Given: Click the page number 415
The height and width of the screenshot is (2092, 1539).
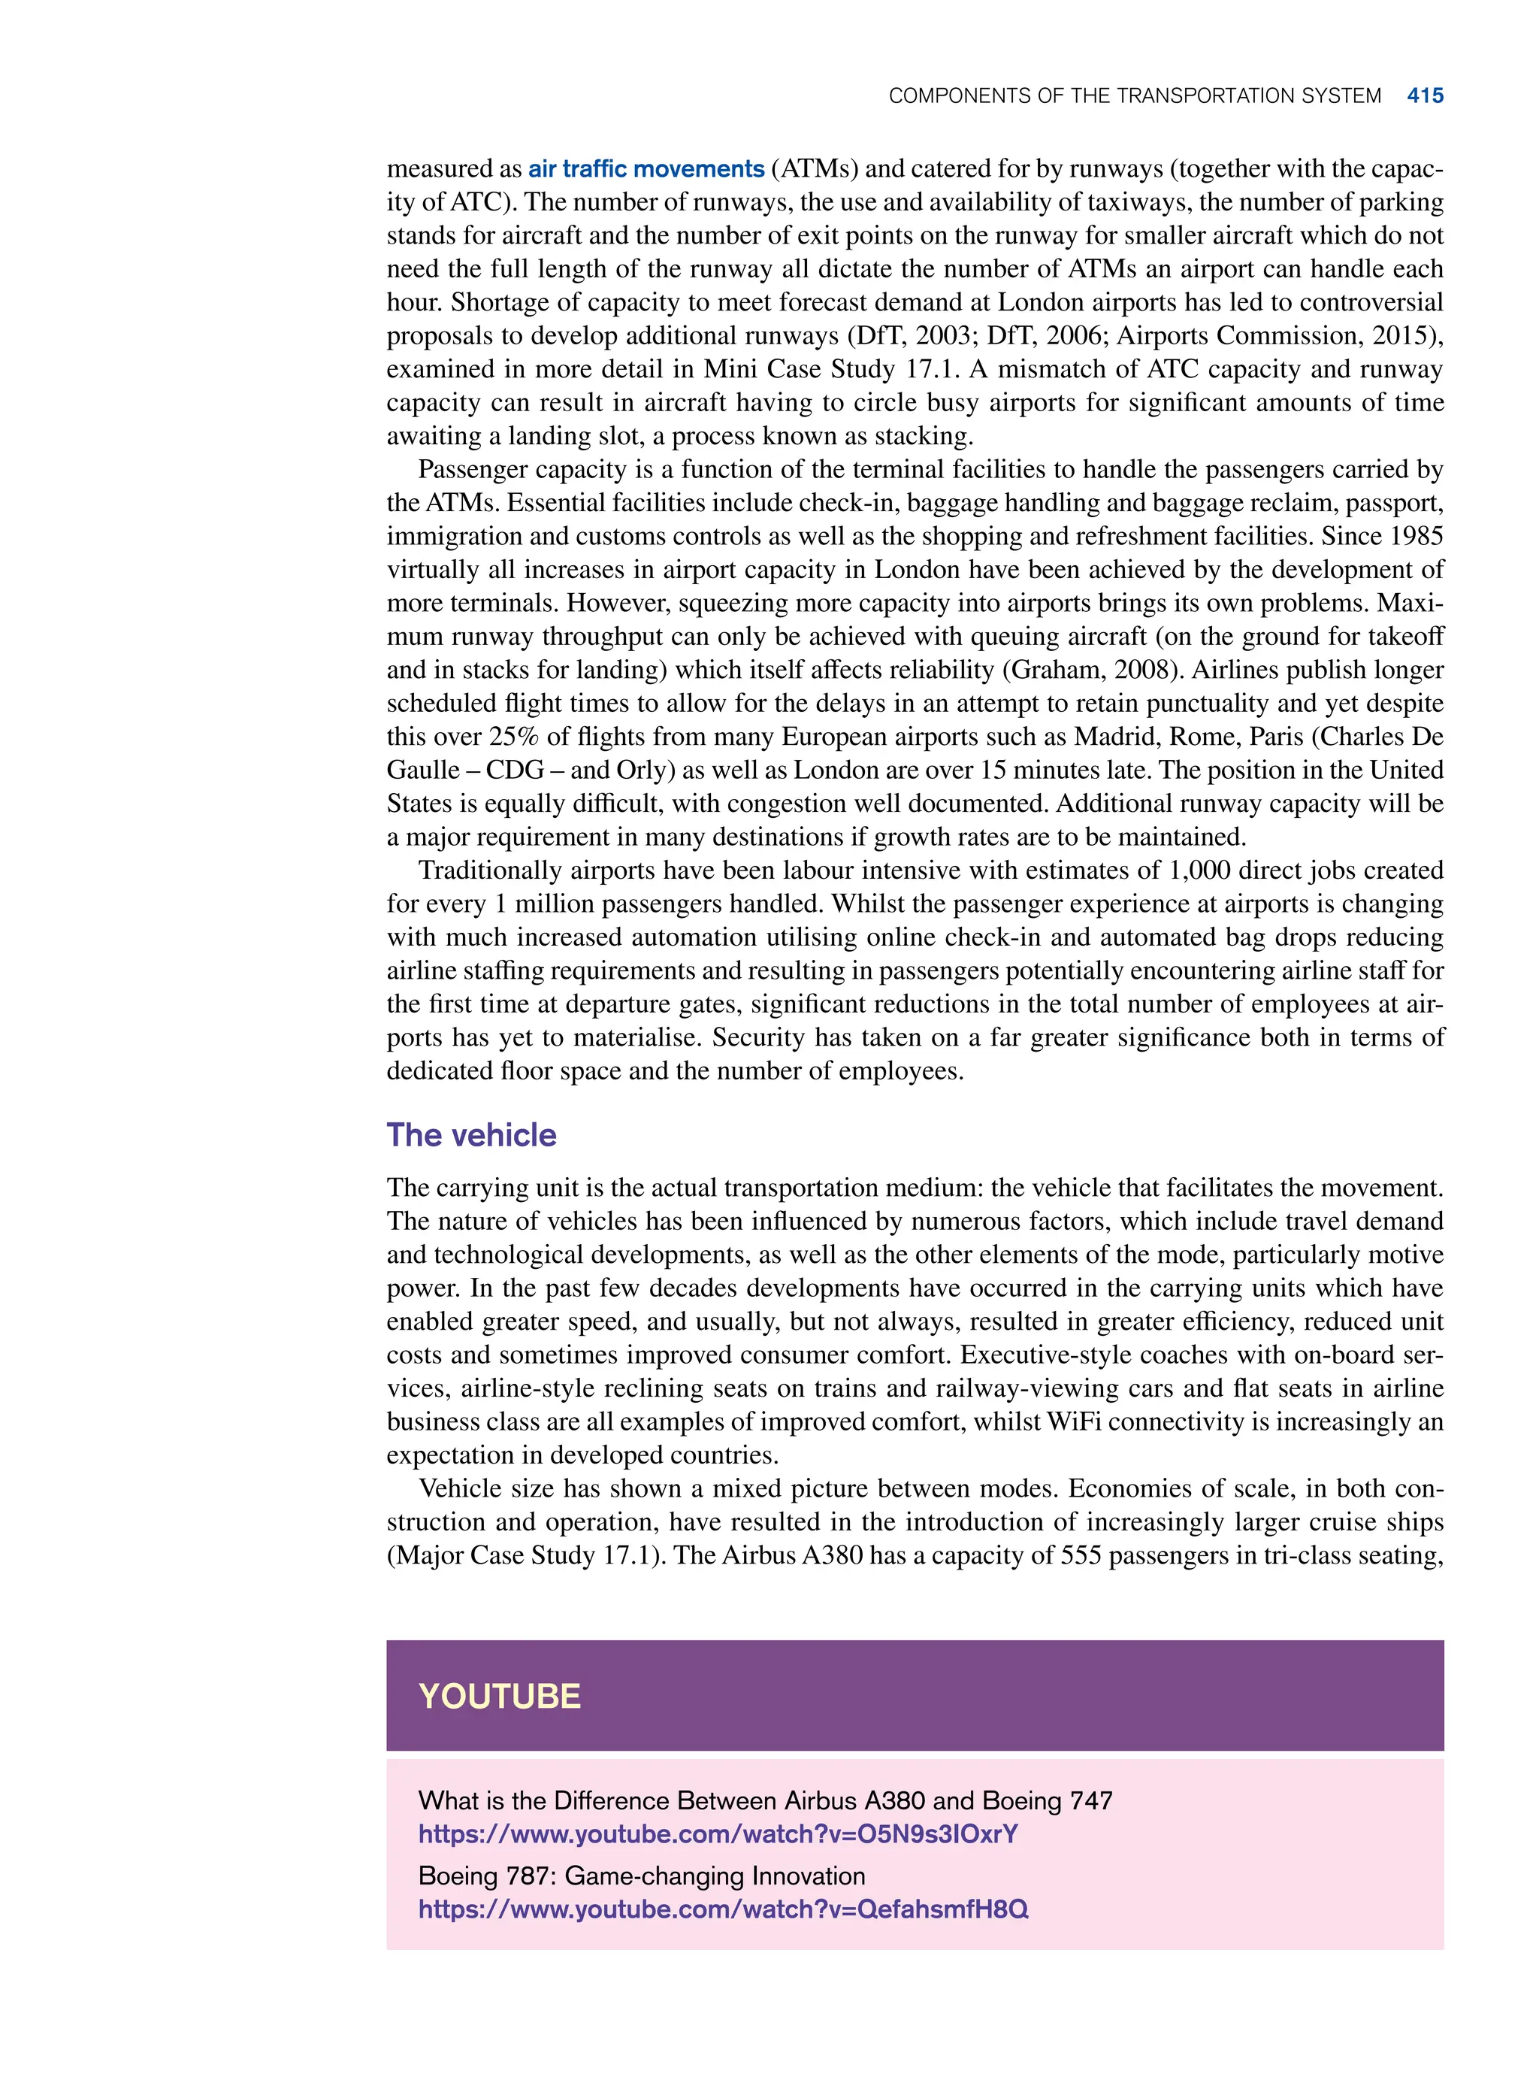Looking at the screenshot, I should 1425,96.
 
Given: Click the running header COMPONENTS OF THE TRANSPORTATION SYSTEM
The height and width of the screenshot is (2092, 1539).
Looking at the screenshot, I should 1134,96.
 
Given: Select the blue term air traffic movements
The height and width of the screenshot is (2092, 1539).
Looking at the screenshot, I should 646,168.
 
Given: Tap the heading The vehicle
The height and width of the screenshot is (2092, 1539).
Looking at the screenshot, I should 471,1134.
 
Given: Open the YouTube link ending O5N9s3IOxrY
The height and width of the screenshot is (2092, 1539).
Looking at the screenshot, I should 718,1834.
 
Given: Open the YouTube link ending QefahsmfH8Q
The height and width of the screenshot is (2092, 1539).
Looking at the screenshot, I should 723,1909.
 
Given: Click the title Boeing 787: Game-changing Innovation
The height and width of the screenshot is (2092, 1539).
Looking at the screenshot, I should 641,1876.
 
